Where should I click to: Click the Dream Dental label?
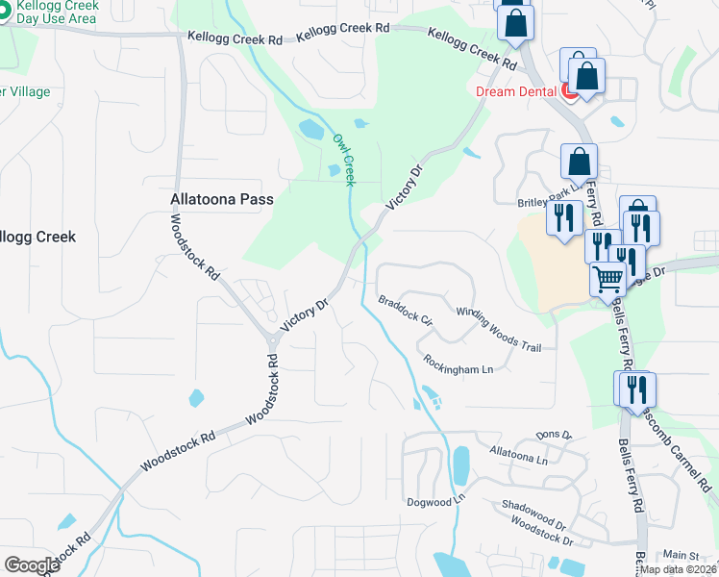click(x=516, y=91)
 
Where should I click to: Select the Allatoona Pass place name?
click(x=222, y=200)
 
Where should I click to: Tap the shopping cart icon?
click(x=607, y=279)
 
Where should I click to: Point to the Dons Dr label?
click(x=554, y=436)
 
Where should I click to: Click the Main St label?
click(x=681, y=555)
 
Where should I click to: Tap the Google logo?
click(x=32, y=565)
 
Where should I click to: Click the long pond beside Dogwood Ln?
click(x=460, y=466)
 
